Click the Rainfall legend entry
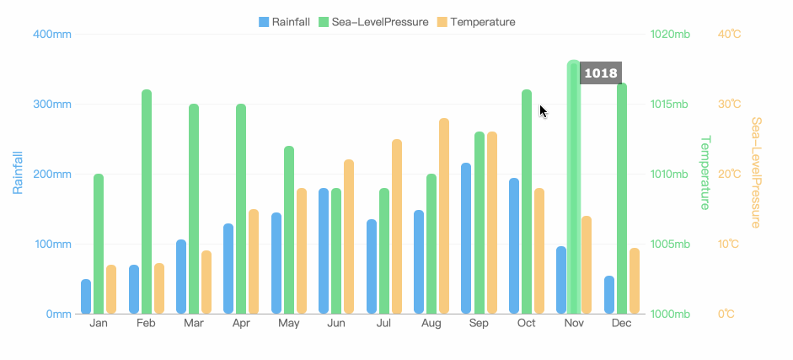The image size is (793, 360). point(284,22)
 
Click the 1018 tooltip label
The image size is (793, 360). point(601,73)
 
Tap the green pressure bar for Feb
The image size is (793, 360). point(146,202)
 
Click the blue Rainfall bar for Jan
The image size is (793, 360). point(86,297)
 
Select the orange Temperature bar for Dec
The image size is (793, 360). point(635,281)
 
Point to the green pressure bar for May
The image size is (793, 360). point(289,230)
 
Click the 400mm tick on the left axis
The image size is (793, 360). point(51,35)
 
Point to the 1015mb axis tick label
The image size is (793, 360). point(670,105)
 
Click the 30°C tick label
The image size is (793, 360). point(729,105)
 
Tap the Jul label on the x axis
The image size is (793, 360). point(383,324)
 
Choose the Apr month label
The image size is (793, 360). point(241,324)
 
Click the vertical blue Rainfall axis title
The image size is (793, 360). point(18,173)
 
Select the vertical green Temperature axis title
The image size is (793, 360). point(706,173)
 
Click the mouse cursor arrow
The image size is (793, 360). point(544,111)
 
